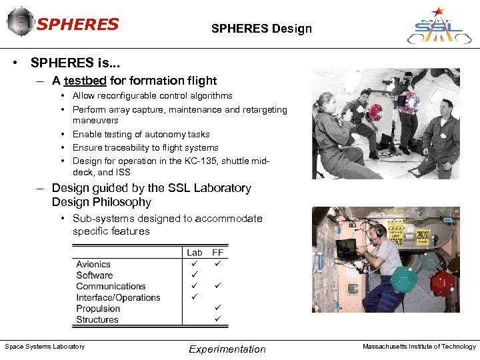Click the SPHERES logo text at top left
pyautogui.click(x=77, y=25)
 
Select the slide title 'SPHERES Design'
pyautogui.click(x=261, y=29)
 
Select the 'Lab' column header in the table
pyautogui.click(x=195, y=253)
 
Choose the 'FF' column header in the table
pyautogui.click(x=217, y=253)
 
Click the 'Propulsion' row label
pyautogui.click(x=98, y=309)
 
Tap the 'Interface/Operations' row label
pyautogui.click(x=118, y=297)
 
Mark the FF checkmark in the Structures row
pyautogui.click(x=217, y=319)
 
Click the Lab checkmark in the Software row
pyautogui.click(x=195, y=275)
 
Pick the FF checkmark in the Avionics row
pyautogui.click(x=217, y=264)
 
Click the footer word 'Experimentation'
pyautogui.click(x=227, y=349)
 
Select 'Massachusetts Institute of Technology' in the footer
pyautogui.click(x=419, y=347)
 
